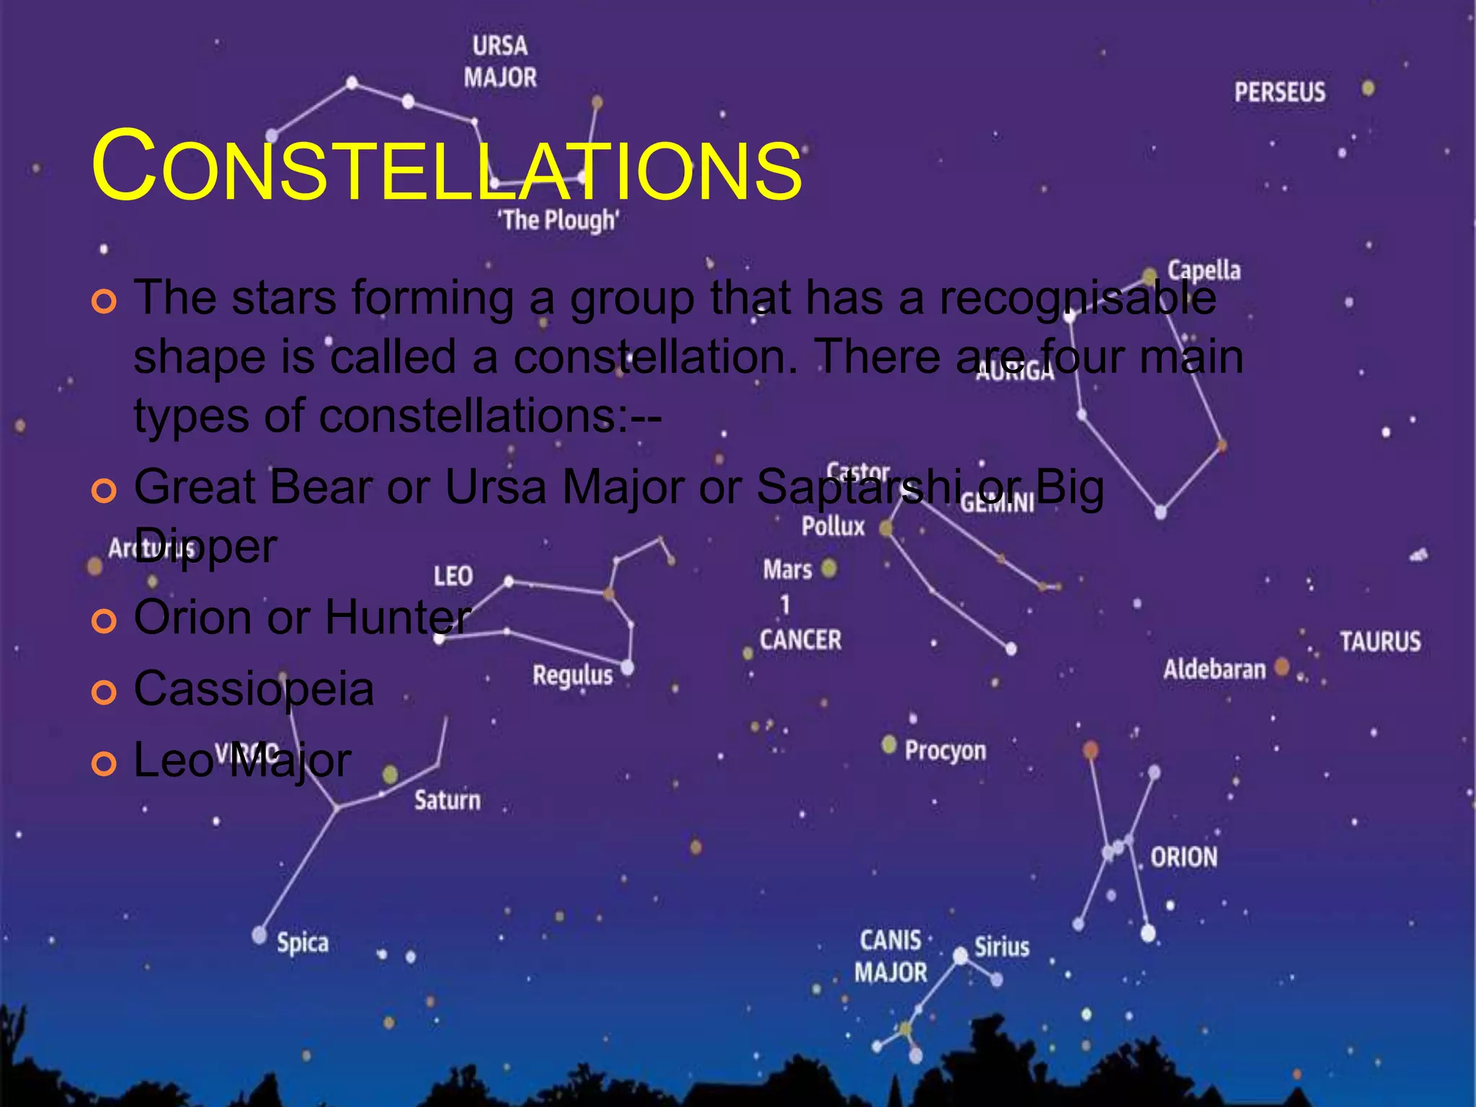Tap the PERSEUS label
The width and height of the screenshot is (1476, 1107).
[1279, 92]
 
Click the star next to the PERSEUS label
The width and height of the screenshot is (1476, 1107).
[1368, 89]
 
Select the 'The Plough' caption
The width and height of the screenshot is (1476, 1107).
[558, 220]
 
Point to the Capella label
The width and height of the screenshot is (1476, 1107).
[1204, 270]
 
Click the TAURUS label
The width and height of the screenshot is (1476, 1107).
[1380, 641]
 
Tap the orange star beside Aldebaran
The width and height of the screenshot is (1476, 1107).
[1281, 667]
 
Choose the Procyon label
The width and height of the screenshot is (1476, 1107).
[945, 751]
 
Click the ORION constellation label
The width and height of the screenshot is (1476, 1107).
[1183, 857]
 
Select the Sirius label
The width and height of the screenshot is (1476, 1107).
[1002, 946]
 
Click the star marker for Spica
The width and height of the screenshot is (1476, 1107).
[259, 935]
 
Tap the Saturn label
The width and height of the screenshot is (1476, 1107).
[447, 800]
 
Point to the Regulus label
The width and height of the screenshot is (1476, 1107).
[572, 675]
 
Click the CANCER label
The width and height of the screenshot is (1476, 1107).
[800, 639]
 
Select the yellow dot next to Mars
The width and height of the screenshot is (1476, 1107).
[830, 568]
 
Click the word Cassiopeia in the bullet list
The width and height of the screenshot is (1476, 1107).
[254, 689]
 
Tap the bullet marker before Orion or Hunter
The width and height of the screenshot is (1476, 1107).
[104, 621]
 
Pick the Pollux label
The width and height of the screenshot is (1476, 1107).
[833, 526]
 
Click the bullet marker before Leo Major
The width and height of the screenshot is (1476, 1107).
[104, 763]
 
